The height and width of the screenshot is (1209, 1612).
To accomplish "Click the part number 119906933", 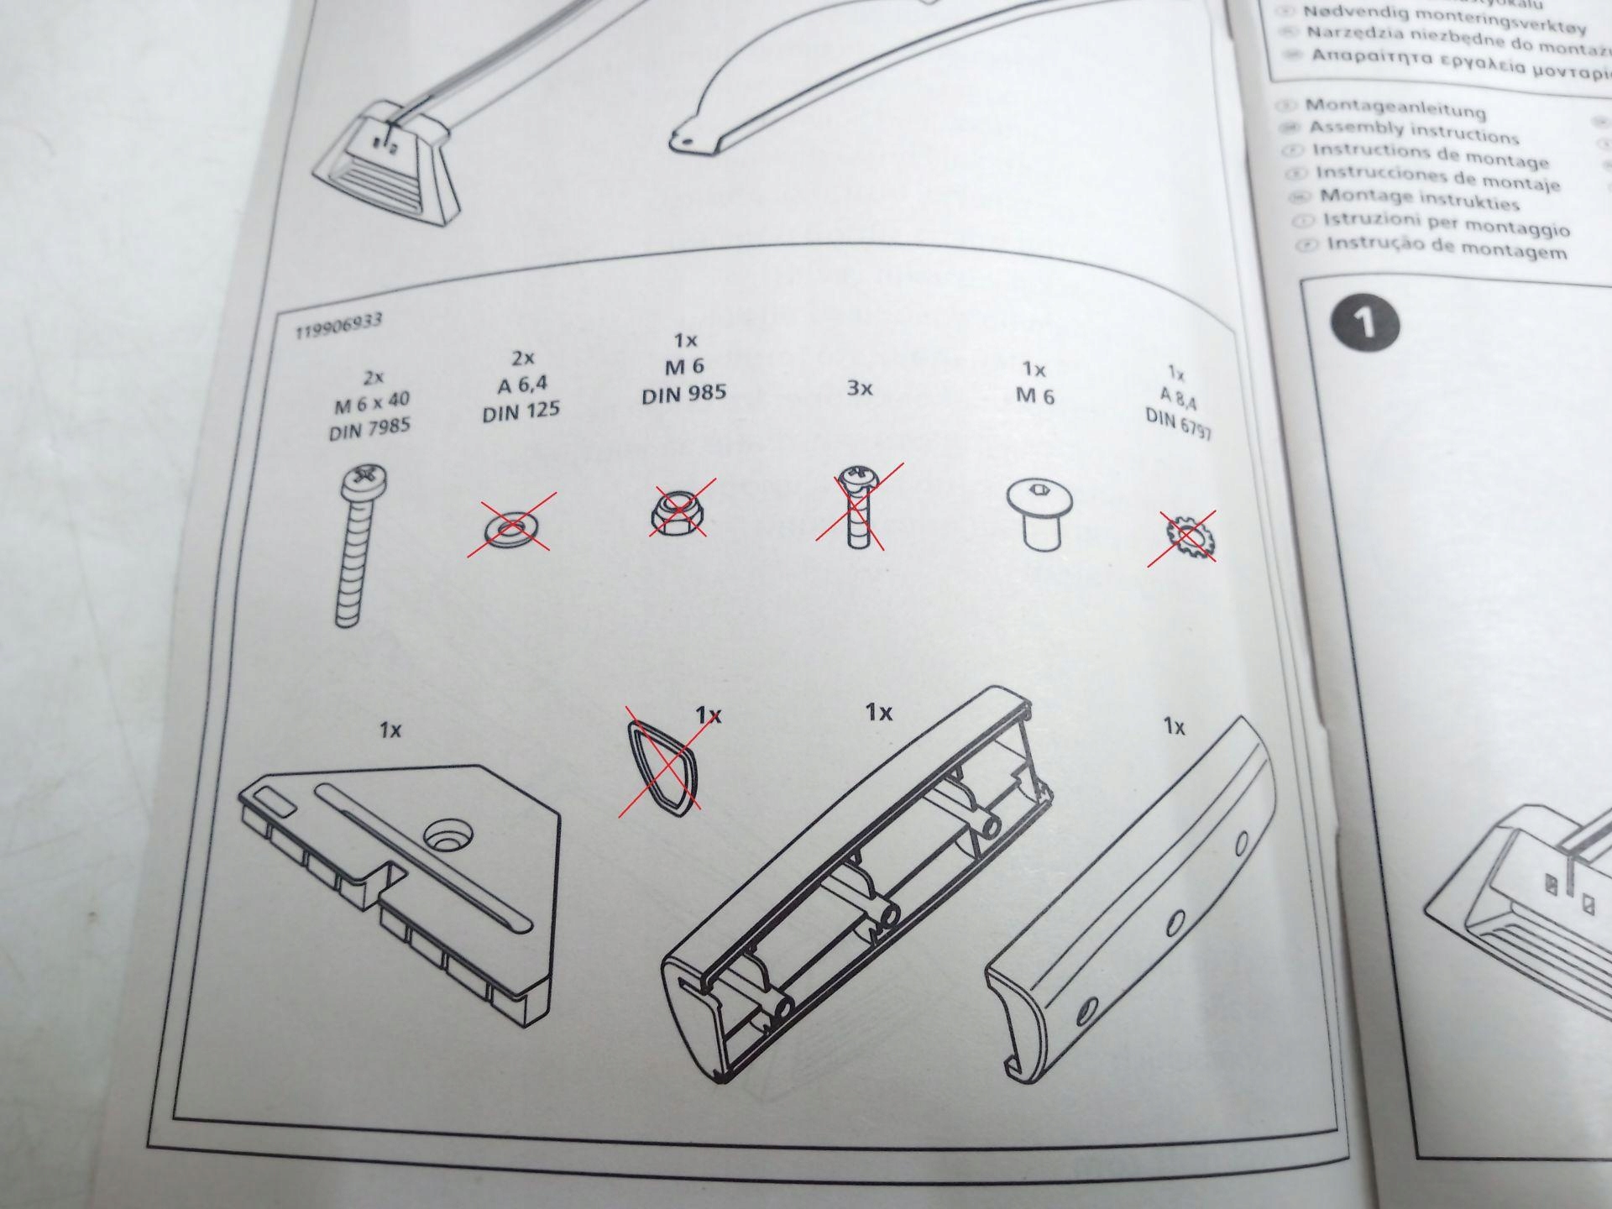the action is point(338,326).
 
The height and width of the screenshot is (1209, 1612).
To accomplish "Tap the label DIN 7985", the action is point(369,430).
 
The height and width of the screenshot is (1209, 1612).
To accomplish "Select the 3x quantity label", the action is point(859,389).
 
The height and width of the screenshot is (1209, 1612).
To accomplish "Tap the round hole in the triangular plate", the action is point(450,835).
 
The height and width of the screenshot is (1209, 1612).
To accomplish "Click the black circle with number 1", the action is point(1365,322).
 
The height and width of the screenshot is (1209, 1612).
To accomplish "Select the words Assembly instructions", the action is point(1414,133).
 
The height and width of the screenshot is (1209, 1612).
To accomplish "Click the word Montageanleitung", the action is point(1395,108).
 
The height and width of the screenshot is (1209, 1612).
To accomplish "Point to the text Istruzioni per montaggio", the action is point(1446,224).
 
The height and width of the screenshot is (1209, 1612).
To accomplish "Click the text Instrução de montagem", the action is point(1446,249).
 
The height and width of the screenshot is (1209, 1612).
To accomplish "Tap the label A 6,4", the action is point(521,385).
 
